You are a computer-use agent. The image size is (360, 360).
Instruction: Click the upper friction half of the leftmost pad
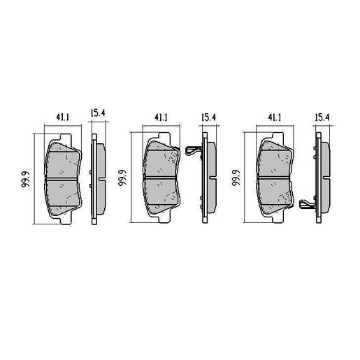[63, 161]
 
